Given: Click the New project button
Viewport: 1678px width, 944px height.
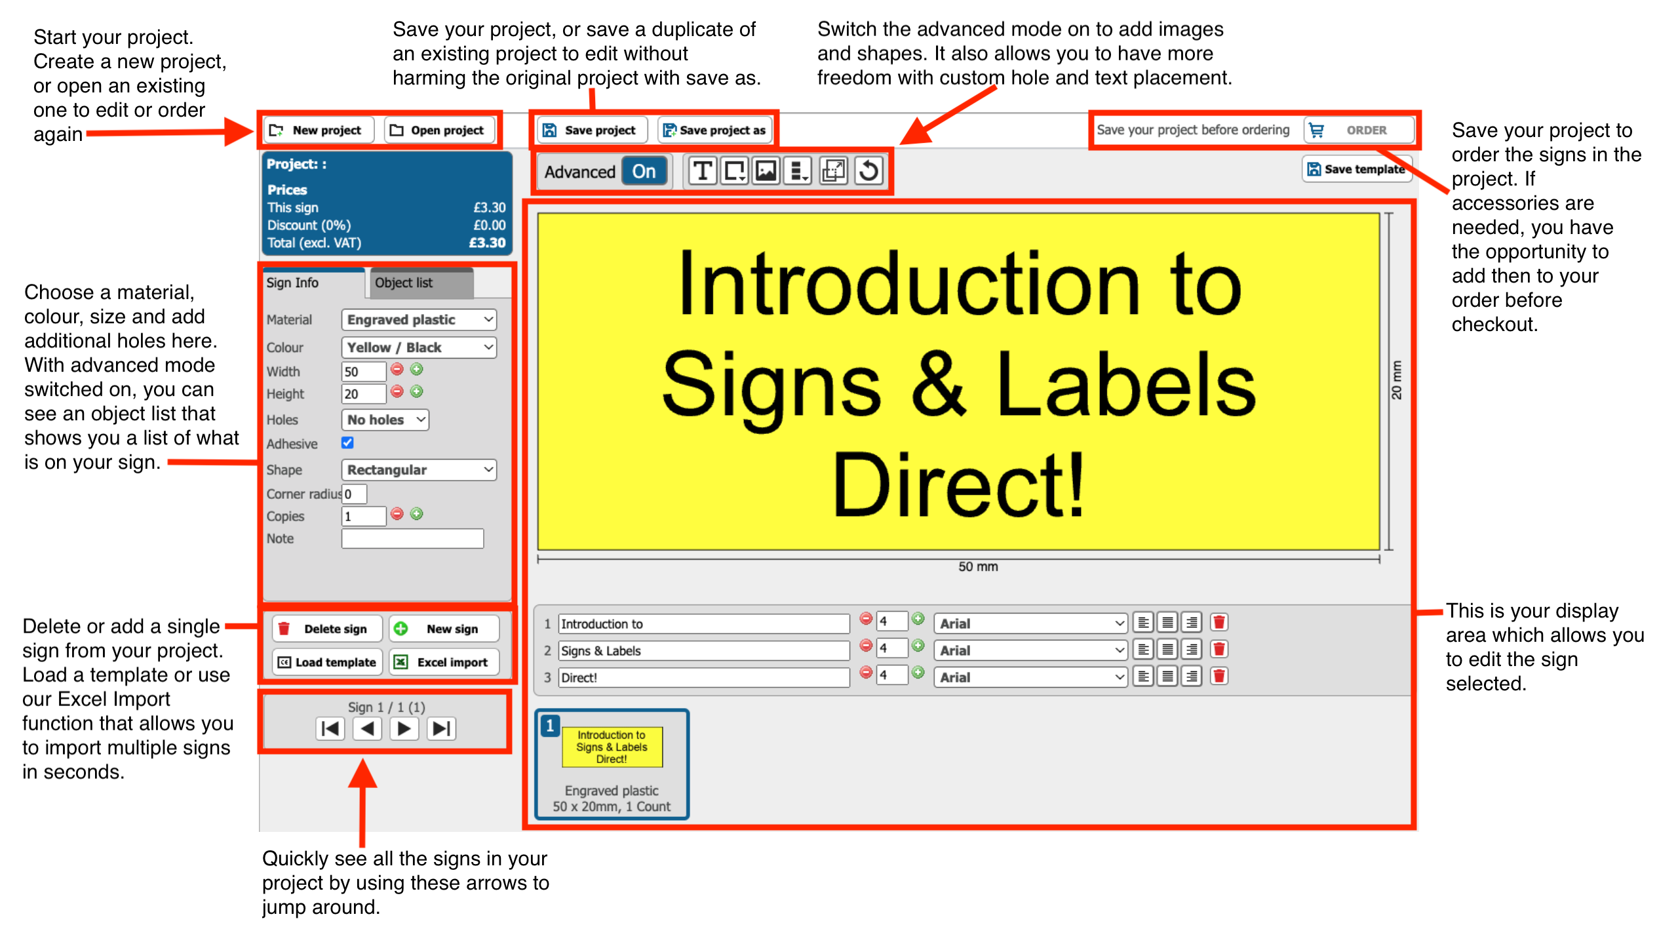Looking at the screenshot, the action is point(319,130).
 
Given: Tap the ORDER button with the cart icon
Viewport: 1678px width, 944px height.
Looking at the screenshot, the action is point(1357,130).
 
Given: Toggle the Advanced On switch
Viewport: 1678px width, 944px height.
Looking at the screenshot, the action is point(644,171).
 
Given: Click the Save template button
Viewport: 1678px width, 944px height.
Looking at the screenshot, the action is point(1356,169).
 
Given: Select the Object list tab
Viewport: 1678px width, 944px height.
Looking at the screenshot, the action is point(421,283).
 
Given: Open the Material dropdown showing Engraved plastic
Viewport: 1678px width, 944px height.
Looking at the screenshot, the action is point(419,319).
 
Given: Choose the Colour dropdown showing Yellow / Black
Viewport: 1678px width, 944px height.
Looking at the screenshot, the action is point(419,347).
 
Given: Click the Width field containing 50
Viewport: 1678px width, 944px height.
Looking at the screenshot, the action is point(363,372).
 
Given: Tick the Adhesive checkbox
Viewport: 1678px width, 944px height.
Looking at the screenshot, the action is point(347,443).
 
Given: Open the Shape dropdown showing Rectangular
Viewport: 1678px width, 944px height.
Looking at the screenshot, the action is point(419,469).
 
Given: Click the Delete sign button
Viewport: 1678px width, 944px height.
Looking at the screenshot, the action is point(327,629).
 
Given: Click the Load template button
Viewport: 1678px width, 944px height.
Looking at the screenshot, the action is point(327,662).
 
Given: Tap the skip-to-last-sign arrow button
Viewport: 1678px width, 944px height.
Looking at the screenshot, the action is point(442,728).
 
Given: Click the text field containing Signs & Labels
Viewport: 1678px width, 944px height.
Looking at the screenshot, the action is point(704,651).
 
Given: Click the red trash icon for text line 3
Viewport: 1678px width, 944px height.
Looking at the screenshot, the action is point(1219,676).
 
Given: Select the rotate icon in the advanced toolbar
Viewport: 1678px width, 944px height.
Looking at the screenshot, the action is point(868,171).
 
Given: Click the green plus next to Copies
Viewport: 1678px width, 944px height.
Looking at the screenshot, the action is point(417,514).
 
